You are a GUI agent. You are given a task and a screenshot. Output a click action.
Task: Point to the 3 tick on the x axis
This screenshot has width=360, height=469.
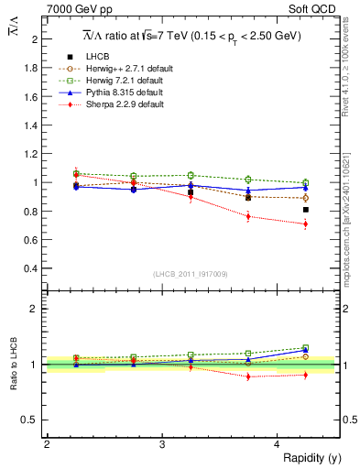[161, 445]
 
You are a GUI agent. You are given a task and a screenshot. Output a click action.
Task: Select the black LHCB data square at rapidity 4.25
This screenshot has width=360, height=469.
[305, 210]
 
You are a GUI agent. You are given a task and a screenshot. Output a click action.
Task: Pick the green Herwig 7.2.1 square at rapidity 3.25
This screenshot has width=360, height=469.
[191, 175]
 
